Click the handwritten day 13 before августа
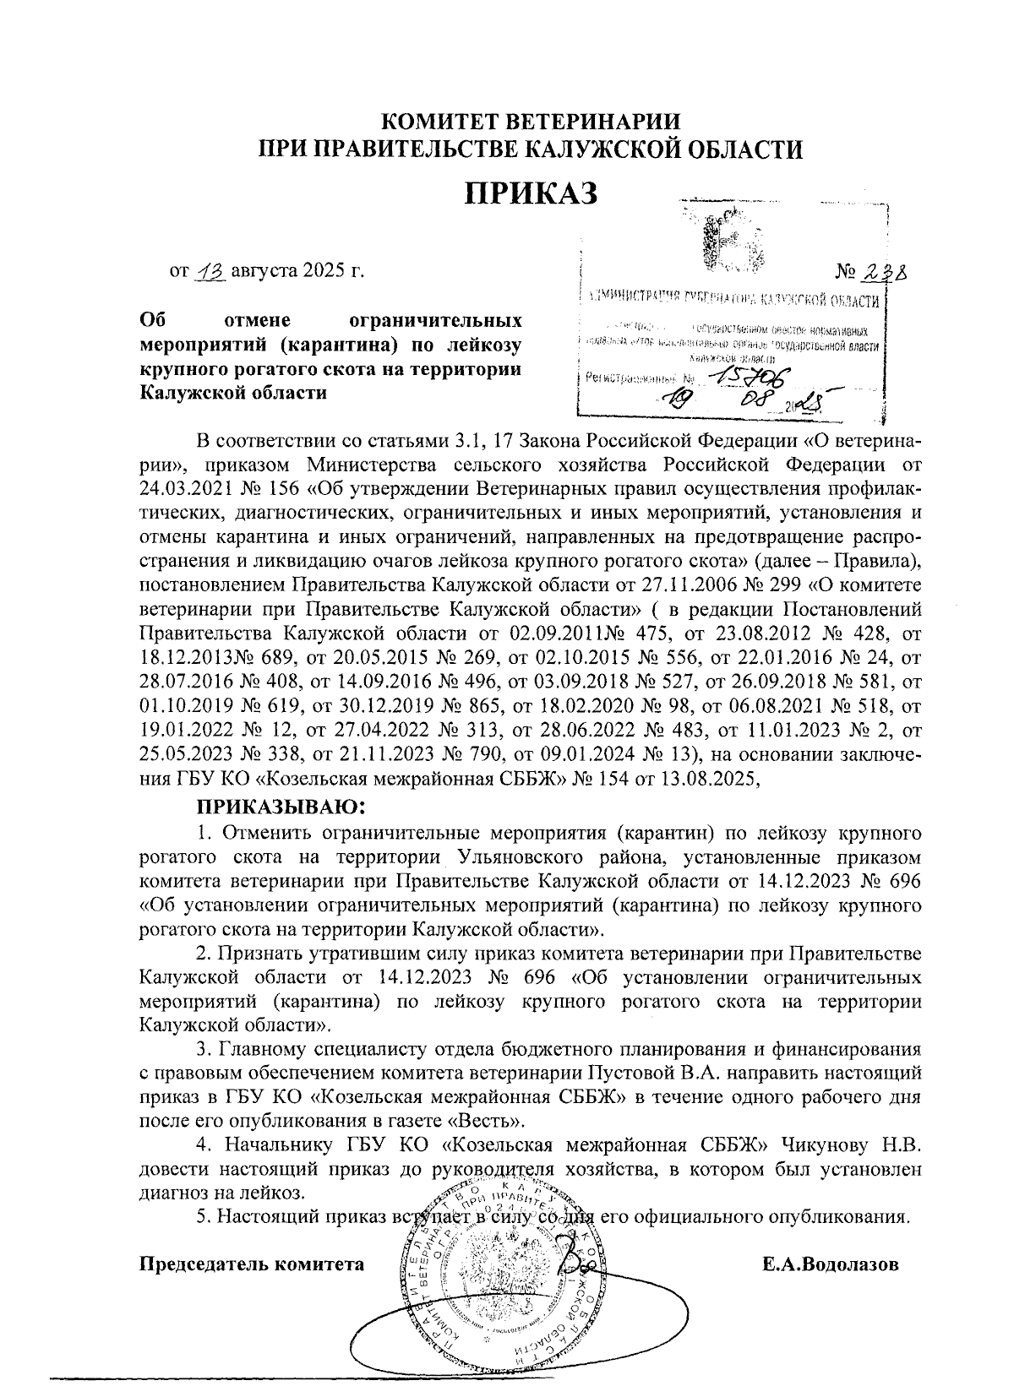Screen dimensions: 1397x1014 [206, 273]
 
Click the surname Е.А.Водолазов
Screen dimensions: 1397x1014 [829, 1264]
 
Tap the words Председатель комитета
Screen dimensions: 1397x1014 [251, 1264]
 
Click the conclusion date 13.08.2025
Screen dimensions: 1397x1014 [715, 780]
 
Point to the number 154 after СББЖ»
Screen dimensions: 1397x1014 [619, 780]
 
